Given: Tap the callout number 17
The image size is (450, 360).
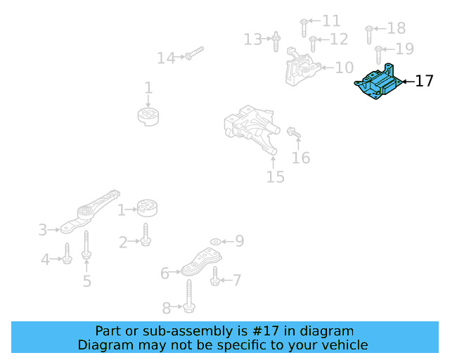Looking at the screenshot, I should pos(424,82).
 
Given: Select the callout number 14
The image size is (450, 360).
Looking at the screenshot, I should pos(165,58).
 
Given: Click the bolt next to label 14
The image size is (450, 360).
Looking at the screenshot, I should pos(195,53).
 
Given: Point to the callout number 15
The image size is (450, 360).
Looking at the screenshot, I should pos(276,176).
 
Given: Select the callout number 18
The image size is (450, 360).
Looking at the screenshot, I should pos(397,28).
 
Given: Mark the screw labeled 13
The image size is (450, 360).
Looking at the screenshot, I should pos(276,41).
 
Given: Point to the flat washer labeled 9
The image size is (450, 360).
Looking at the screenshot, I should pos(215,242).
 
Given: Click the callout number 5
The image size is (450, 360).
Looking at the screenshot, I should pos(87,281).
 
